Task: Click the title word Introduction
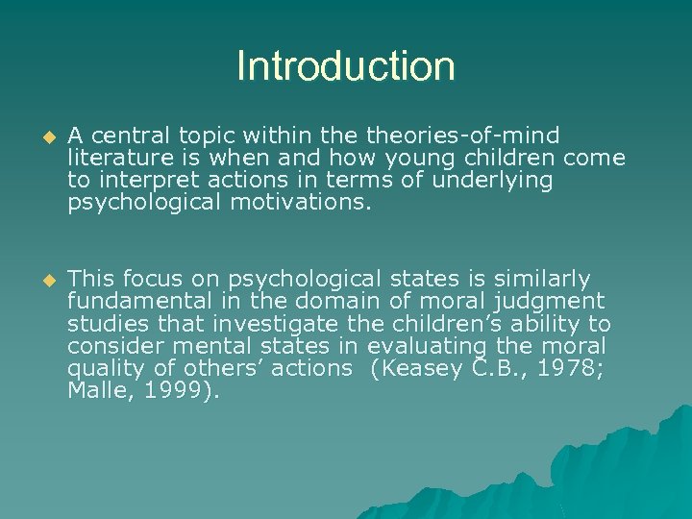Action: (x=345, y=66)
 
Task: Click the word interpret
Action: (x=142, y=179)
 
